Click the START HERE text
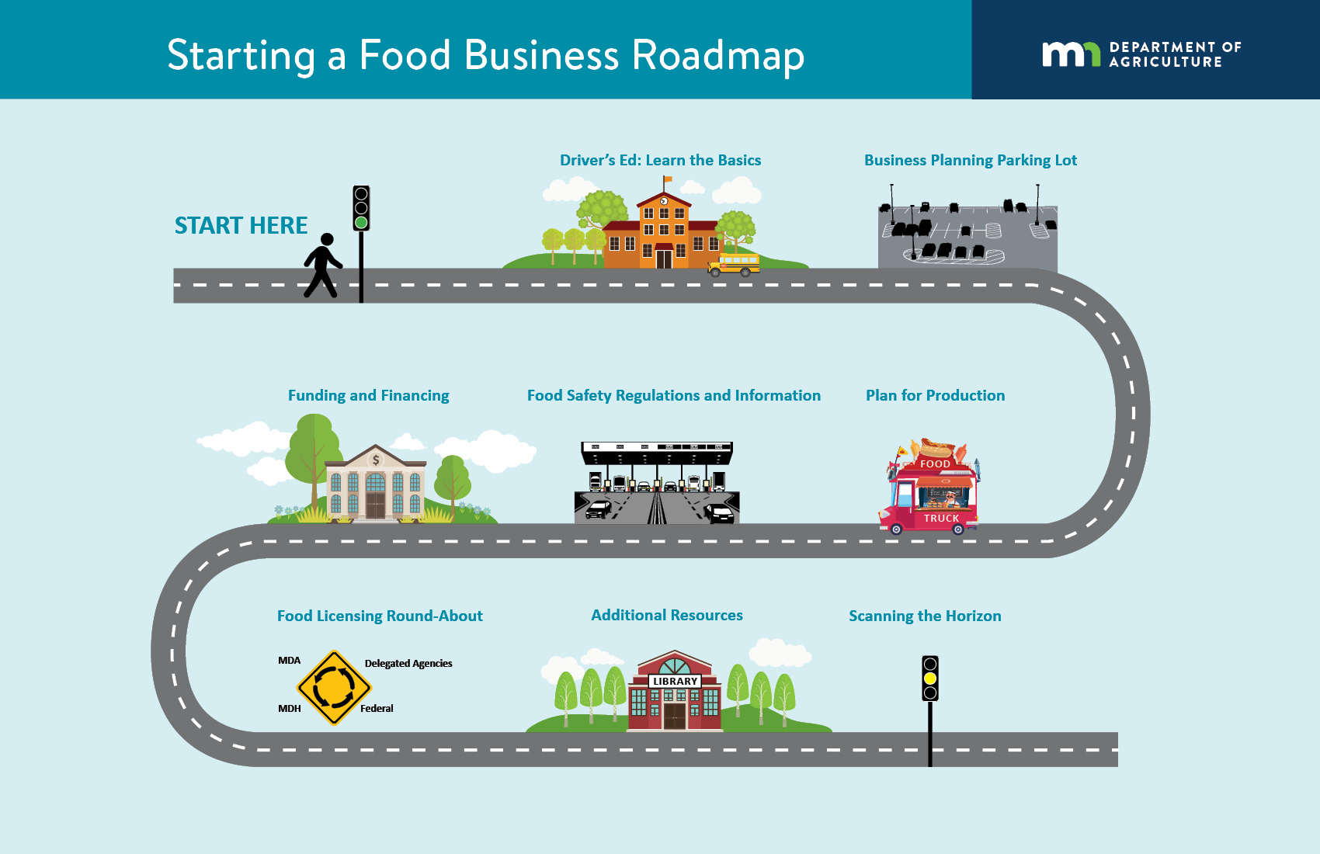pos(241,225)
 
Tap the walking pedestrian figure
pos(322,266)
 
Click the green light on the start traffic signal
pos(361,223)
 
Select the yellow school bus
pos(735,265)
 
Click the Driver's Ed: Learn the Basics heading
pos(660,160)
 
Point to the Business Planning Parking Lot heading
pos(970,160)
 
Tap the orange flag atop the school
pos(667,179)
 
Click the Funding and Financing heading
pos(368,395)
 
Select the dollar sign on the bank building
pos(376,460)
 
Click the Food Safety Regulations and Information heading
pos(673,395)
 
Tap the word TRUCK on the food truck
pos(941,518)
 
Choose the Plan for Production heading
pos(935,395)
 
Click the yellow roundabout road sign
pos(334,688)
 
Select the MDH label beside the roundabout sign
pos(290,708)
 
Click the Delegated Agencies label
pos(408,663)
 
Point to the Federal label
pos(377,708)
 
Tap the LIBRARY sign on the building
pos(675,681)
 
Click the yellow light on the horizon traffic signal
pos(930,679)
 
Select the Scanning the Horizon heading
pos(925,616)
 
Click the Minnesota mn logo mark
pos(1071,54)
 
